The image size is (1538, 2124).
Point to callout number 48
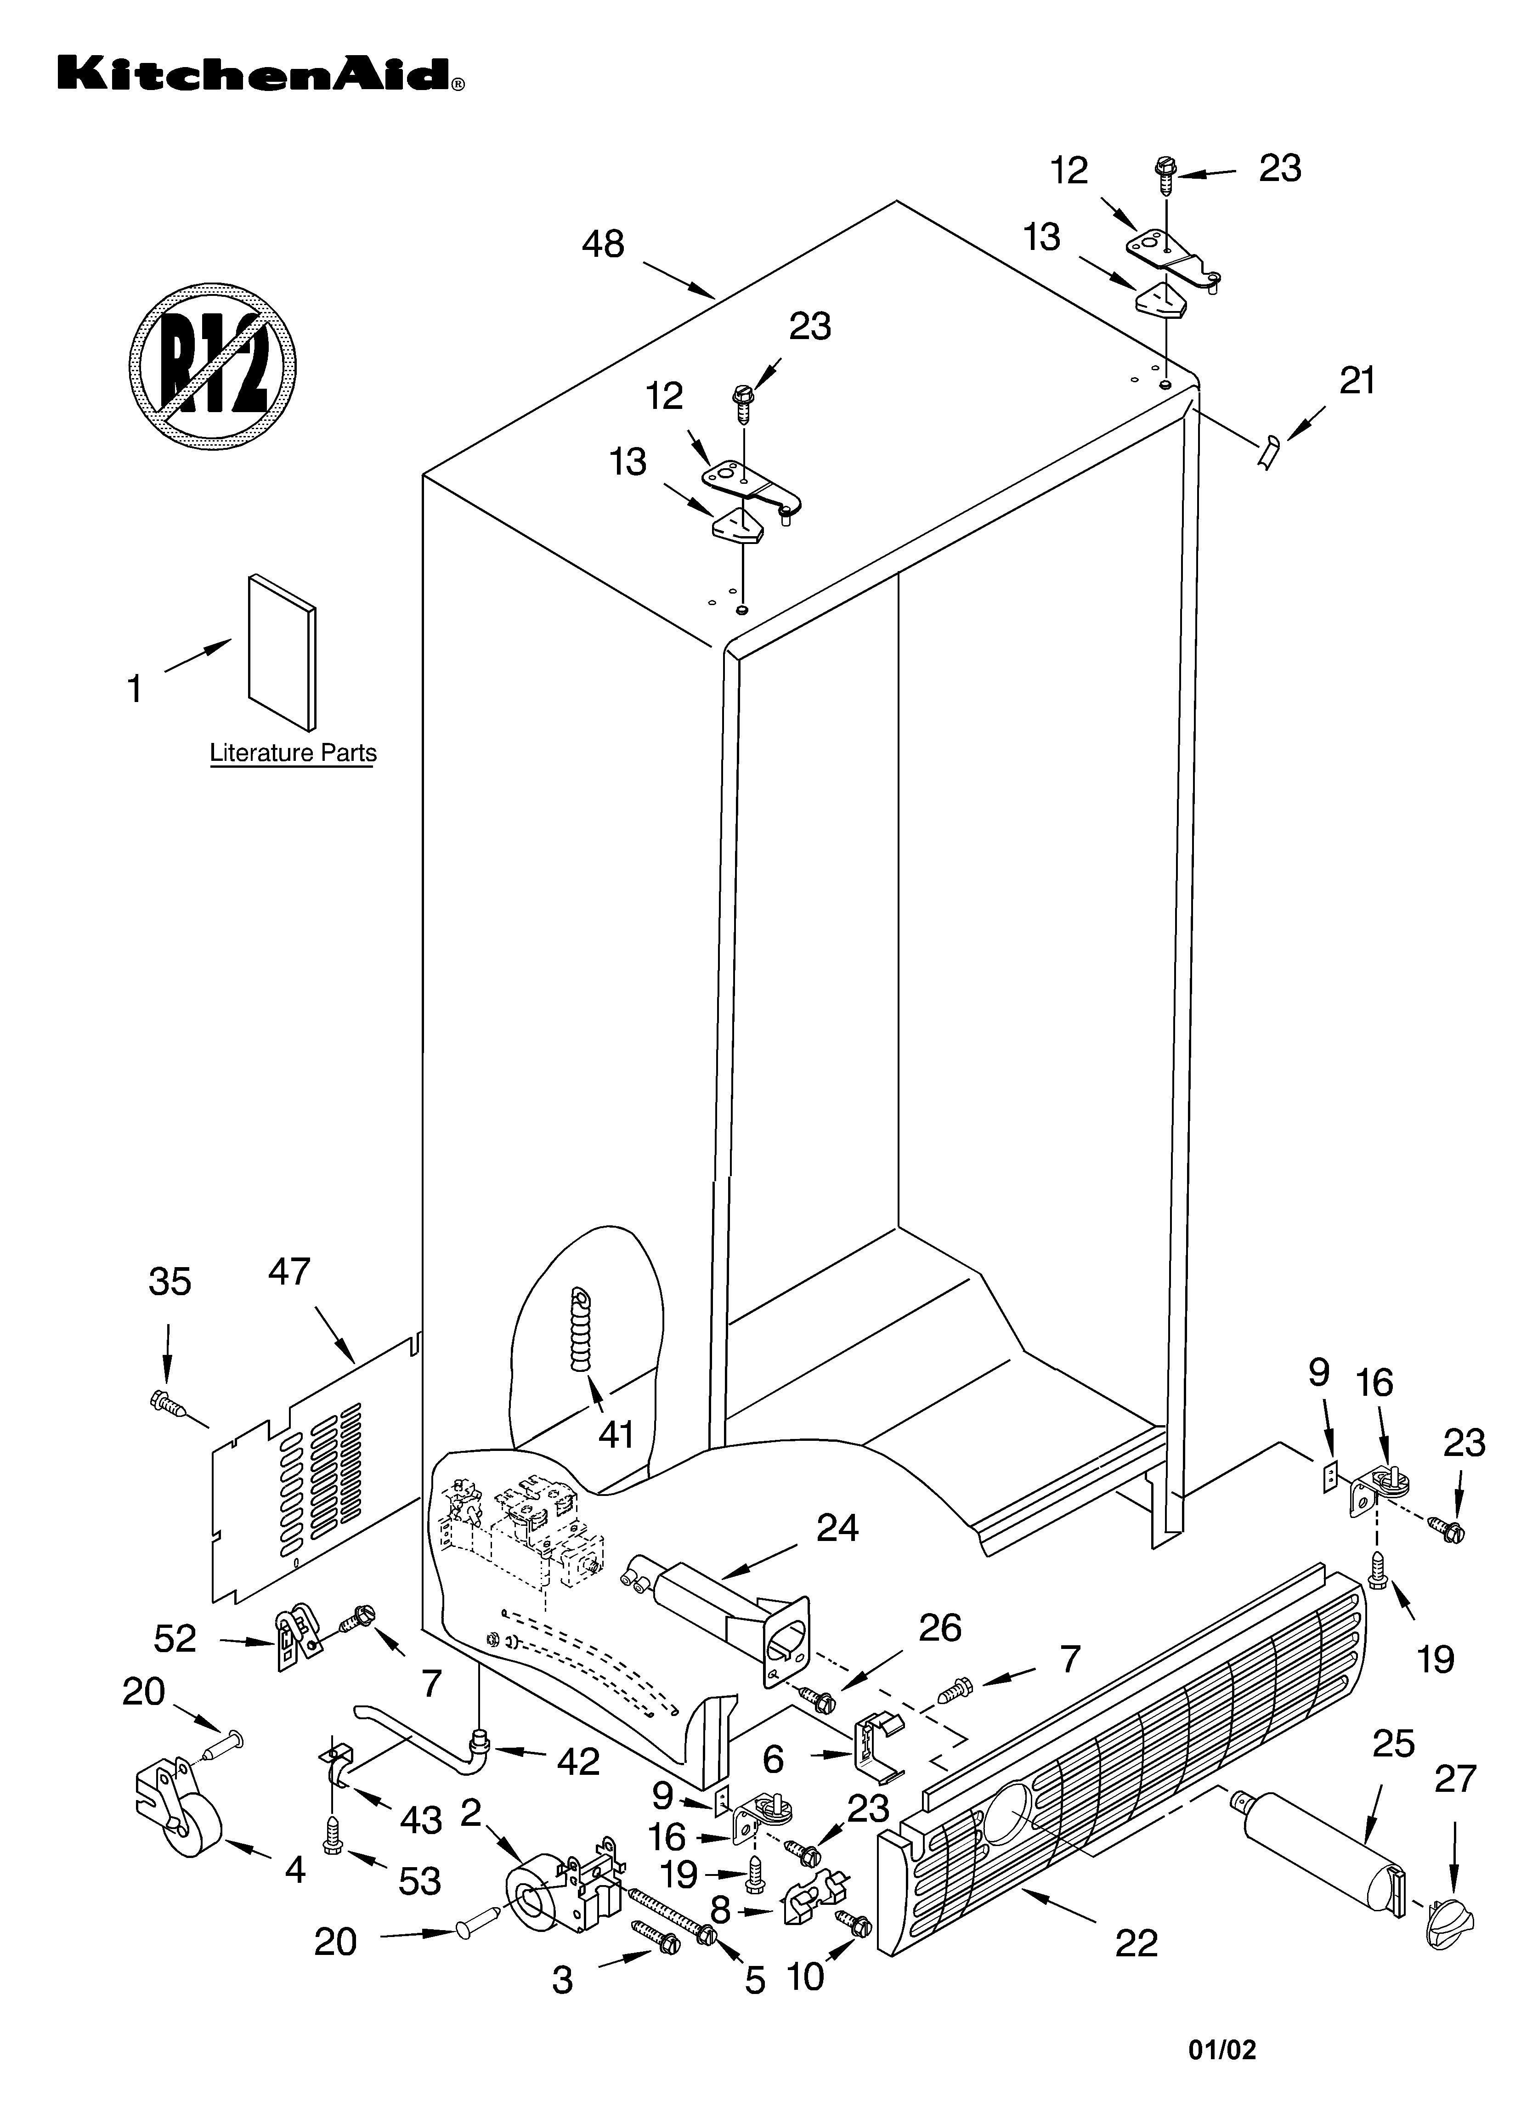602,244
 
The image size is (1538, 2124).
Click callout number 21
1356,382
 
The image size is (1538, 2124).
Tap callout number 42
578,1762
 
